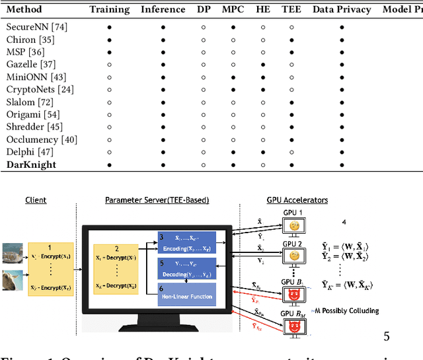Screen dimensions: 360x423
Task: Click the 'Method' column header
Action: [x=25, y=10]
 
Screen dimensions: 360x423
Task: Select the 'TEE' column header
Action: [x=291, y=10]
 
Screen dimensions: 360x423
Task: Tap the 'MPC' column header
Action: [x=233, y=10]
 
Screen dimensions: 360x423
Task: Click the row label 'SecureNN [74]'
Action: [x=36, y=27]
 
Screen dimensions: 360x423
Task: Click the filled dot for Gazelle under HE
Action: [x=262, y=64]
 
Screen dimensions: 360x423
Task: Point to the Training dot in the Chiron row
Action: [x=109, y=40]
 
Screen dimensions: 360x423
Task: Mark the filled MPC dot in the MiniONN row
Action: [x=233, y=77]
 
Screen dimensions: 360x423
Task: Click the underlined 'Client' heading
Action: [x=36, y=199]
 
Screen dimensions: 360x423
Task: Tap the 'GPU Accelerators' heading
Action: [x=297, y=199]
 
